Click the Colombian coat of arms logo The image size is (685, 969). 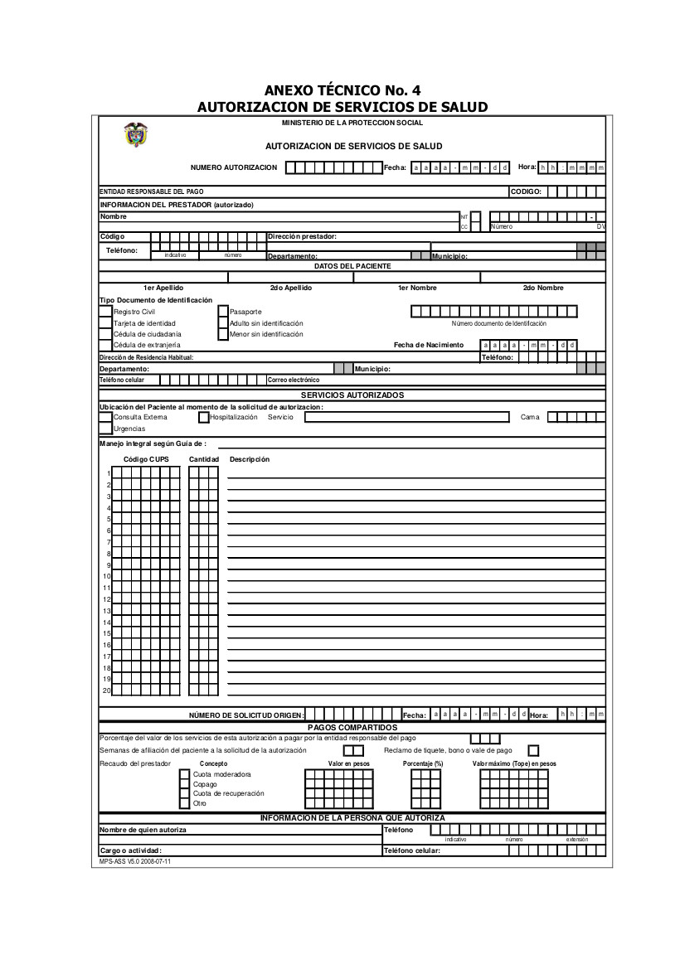[x=134, y=135]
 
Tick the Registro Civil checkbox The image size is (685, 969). [x=105, y=312]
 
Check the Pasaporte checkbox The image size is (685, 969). [x=223, y=312]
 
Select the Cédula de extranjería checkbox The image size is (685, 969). [x=105, y=345]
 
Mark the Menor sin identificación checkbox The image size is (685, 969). [x=223, y=334]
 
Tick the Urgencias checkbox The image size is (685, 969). [x=105, y=429]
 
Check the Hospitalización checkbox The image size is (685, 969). [x=204, y=417]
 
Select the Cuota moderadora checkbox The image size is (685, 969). [x=185, y=774]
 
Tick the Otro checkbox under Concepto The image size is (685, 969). [x=185, y=803]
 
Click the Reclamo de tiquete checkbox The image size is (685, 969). [x=533, y=750]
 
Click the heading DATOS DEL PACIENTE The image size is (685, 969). [x=352, y=266]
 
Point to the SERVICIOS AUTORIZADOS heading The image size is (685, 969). [x=352, y=395]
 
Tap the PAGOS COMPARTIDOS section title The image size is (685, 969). [x=352, y=727]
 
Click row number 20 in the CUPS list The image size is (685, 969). [x=106, y=690]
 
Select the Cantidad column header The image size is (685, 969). [x=204, y=459]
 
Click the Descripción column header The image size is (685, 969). [x=250, y=459]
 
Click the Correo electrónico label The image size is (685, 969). [x=294, y=380]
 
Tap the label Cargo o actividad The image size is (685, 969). [x=130, y=850]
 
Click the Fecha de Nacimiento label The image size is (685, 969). [x=428, y=345]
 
